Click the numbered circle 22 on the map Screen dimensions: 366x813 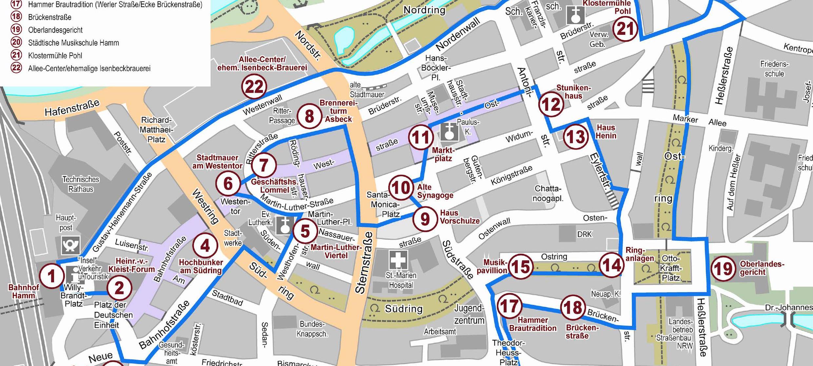click(x=254, y=87)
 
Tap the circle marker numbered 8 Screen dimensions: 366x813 click(x=309, y=116)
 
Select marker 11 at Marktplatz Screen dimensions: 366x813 click(x=421, y=137)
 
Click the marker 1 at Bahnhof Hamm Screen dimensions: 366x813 click(x=51, y=276)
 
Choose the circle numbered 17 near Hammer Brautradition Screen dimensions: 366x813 click(x=509, y=306)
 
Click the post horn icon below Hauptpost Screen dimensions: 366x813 click(x=70, y=245)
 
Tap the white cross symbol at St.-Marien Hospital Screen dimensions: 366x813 click(x=398, y=260)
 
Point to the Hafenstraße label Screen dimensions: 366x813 click(x=72, y=108)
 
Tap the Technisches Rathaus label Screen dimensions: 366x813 click(x=81, y=184)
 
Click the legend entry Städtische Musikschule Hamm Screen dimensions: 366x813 click(x=73, y=43)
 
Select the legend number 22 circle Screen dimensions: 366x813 click(x=16, y=68)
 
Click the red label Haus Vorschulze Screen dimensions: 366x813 click(x=459, y=217)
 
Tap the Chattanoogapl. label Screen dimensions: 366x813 click(x=548, y=193)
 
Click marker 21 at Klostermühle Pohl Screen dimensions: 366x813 click(x=625, y=29)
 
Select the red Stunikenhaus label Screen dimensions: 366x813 click(x=573, y=92)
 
